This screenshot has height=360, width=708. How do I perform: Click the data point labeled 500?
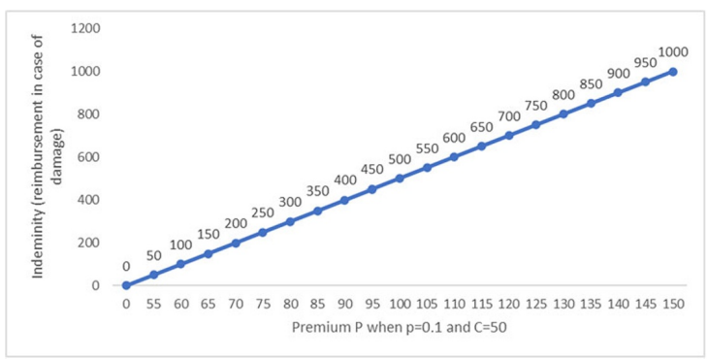pyautogui.click(x=400, y=179)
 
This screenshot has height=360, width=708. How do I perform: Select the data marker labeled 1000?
pyautogui.click(x=673, y=72)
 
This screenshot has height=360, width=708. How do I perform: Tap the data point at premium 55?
pyautogui.click(x=153, y=275)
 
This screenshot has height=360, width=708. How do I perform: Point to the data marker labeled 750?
pyautogui.click(x=536, y=125)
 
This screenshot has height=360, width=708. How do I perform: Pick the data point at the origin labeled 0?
pyautogui.click(x=126, y=285)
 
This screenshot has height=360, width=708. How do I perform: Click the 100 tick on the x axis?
pyautogui.click(x=400, y=303)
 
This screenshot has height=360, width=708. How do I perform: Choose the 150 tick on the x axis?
pyautogui.click(x=673, y=303)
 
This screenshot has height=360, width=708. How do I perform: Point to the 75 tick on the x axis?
pyautogui.click(x=263, y=303)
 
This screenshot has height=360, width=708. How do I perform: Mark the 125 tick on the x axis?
pyautogui.click(x=536, y=303)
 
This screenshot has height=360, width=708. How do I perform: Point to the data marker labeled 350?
pyautogui.click(x=317, y=211)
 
